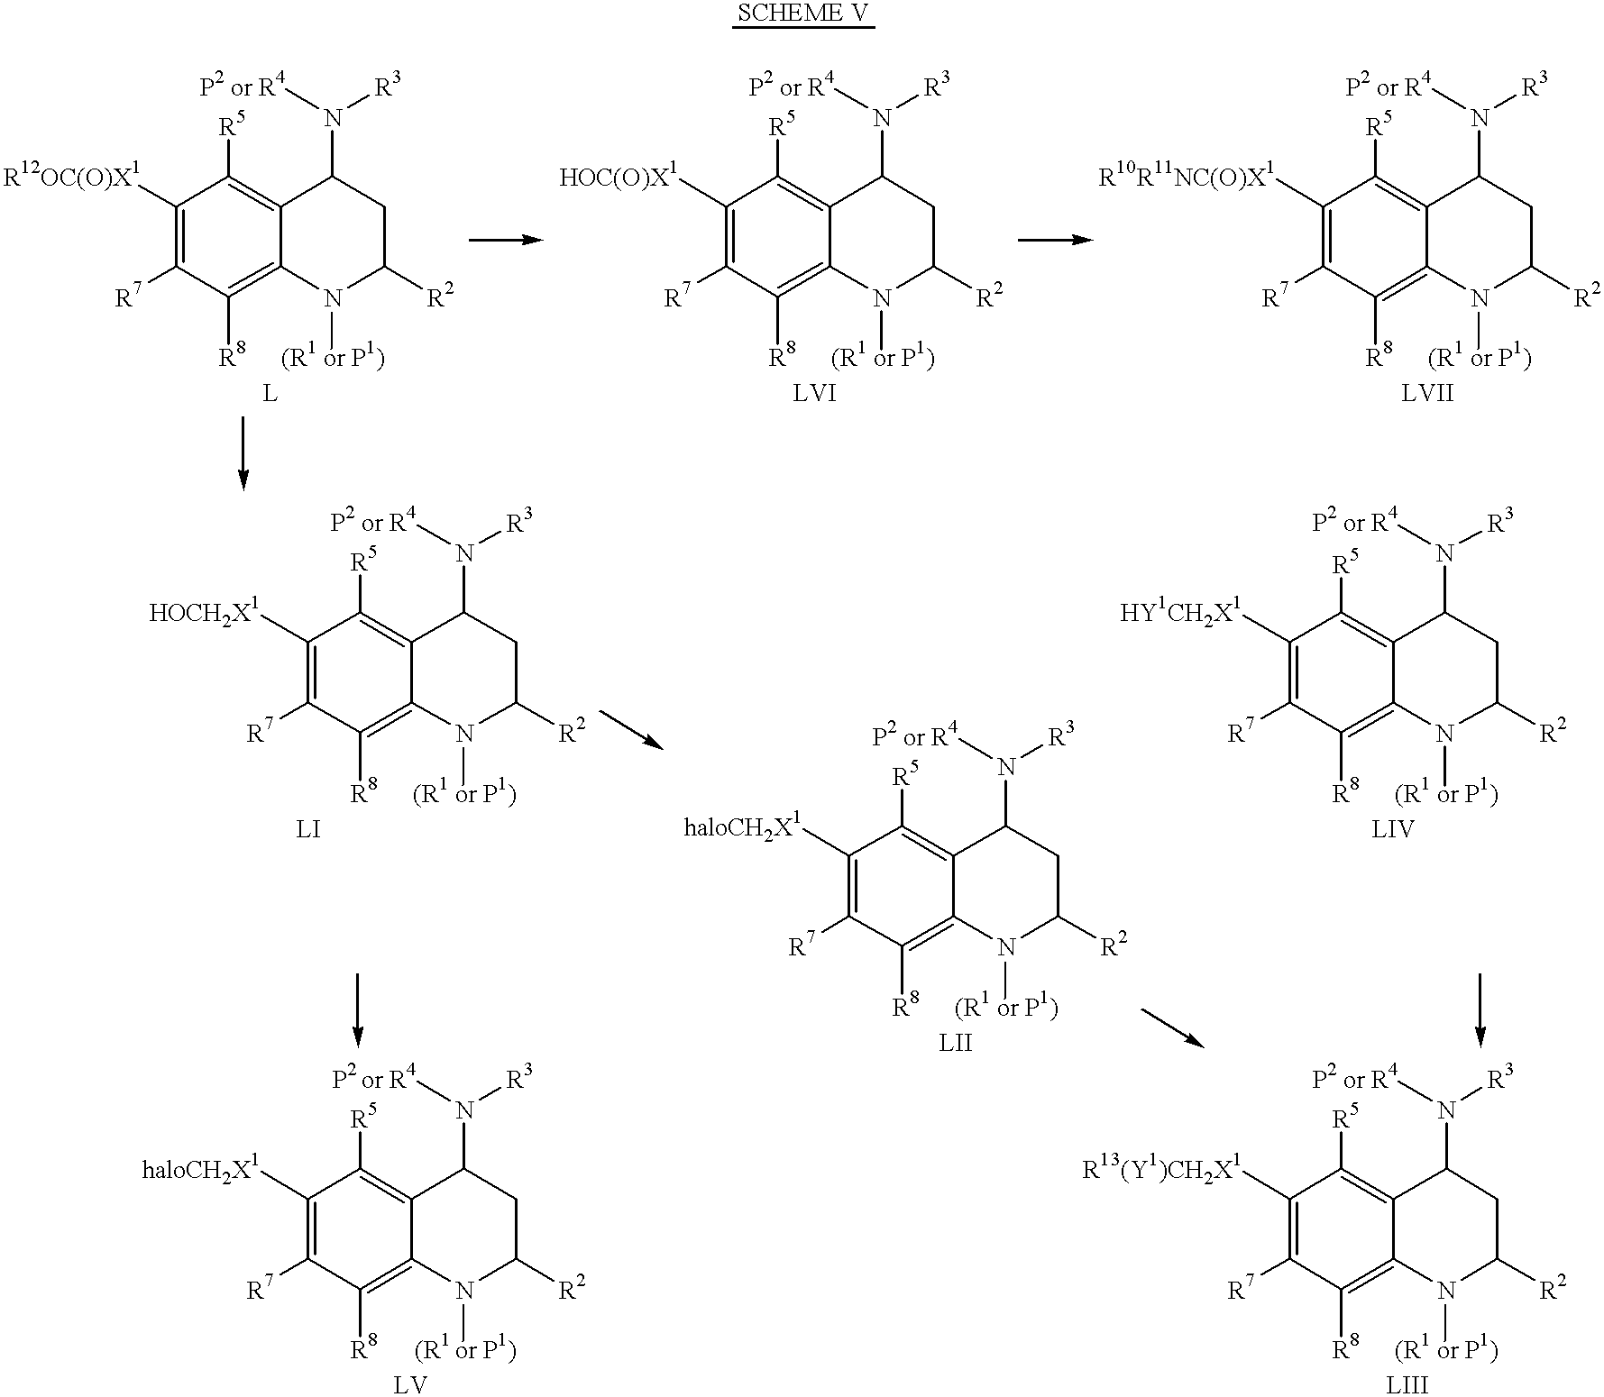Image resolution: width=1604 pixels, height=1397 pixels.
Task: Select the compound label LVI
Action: (x=813, y=395)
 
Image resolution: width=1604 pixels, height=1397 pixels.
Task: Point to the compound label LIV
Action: (x=1393, y=829)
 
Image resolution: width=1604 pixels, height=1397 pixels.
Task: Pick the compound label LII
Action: (x=955, y=1044)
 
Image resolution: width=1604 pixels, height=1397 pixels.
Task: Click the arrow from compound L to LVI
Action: (x=506, y=240)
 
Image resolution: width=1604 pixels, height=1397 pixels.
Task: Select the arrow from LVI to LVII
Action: (x=1055, y=240)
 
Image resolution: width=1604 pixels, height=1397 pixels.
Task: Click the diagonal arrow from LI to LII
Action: (x=631, y=728)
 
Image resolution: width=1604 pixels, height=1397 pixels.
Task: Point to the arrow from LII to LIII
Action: (x=1173, y=1027)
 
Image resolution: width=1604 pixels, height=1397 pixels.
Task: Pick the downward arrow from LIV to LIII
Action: (x=1480, y=1010)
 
